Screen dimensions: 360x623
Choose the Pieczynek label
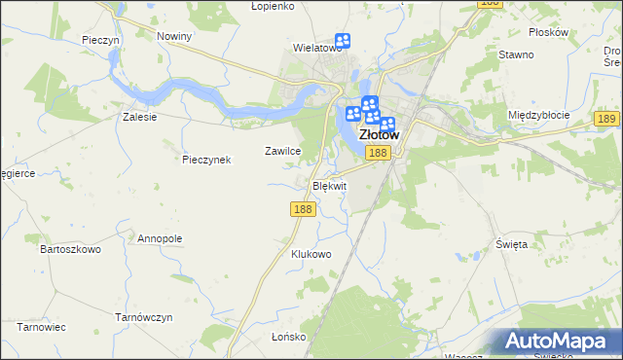click(206, 160)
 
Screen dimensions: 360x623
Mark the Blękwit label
click(329, 185)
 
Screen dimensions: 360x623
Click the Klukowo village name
click(311, 254)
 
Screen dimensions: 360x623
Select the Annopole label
click(160, 238)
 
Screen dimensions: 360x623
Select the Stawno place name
click(516, 54)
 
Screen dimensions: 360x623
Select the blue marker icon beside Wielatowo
click(343, 42)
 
